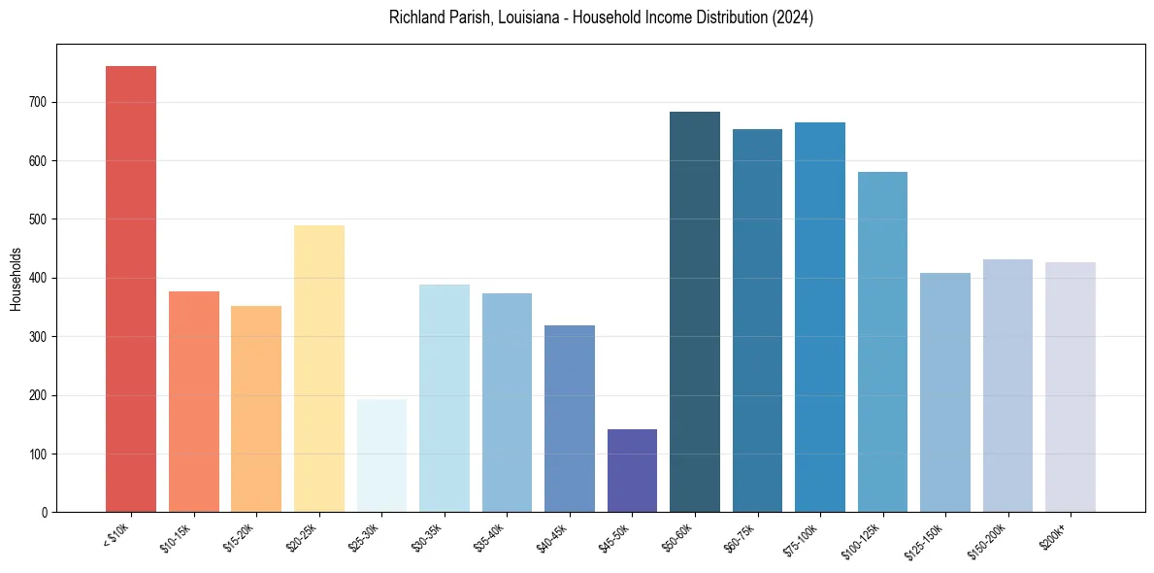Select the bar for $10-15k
pyautogui.click(x=194, y=402)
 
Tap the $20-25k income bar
pyautogui.click(x=319, y=369)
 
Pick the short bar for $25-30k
pyautogui.click(x=381, y=455)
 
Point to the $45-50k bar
pyautogui.click(x=632, y=471)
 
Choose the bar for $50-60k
pyautogui.click(x=695, y=312)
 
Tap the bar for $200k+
pyautogui.click(x=1071, y=388)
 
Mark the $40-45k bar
pyautogui.click(x=570, y=419)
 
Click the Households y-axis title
pyautogui.click(x=16, y=279)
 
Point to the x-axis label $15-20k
pyautogui.click(x=239, y=537)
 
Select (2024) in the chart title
pyautogui.click(x=792, y=17)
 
